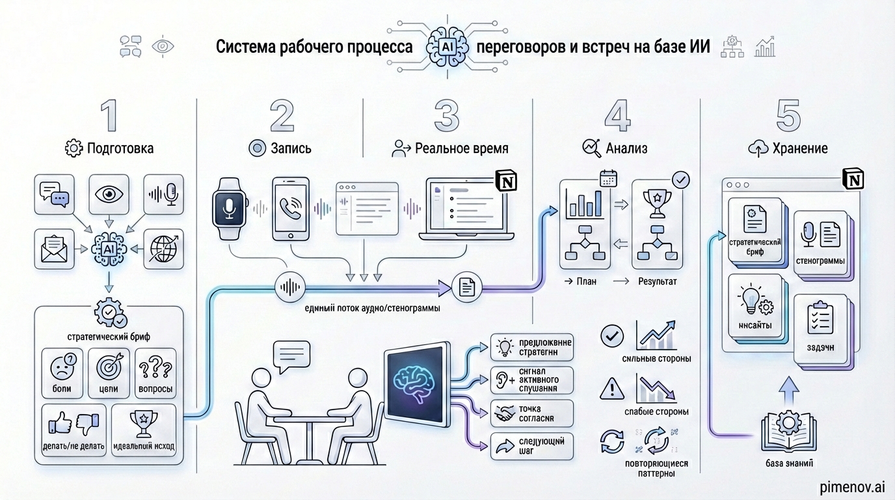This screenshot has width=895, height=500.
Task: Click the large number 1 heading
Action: pos(109,116)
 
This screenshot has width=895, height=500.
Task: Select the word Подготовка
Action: pos(120,148)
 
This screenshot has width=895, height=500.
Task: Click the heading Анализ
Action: pos(626,148)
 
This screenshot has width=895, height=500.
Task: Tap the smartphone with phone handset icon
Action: pos(290,208)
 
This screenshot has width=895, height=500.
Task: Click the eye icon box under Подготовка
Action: pos(108,194)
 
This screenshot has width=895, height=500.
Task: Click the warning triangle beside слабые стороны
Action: pos(612,388)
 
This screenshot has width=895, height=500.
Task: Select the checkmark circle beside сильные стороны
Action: pos(612,335)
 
